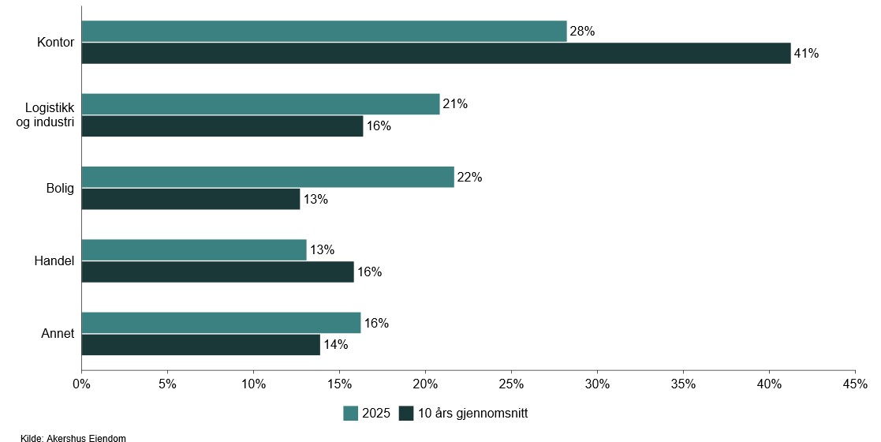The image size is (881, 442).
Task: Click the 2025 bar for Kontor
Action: (x=323, y=32)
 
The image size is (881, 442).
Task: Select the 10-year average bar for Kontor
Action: (x=435, y=54)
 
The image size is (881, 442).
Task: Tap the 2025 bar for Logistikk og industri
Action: (x=260, y=104)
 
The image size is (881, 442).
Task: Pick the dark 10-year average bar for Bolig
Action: (x=190, y=199)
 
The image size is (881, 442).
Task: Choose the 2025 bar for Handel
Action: (x=193, y=250)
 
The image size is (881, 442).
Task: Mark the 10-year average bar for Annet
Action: (x=200, y=345)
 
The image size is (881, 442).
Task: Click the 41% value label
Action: (x=806, y=54)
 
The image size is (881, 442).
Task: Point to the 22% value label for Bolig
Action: (x=469, y=177)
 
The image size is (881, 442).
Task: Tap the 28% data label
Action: (x=582, y=32)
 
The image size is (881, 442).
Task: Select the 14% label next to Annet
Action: (x=335, y=345)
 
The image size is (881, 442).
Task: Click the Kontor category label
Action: (x=55, y=42)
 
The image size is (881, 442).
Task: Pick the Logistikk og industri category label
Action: (x=49, y=115)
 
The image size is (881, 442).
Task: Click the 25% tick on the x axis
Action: (x=511, y=384)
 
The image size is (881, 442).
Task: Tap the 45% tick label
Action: (x=855, y=384)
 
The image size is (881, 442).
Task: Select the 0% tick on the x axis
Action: (x=81, y=384)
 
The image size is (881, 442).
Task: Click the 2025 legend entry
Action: (x=367, y=413)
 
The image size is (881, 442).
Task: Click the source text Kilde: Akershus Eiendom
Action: (x=73, y=437)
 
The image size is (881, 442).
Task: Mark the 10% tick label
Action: (x=253, y=384)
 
